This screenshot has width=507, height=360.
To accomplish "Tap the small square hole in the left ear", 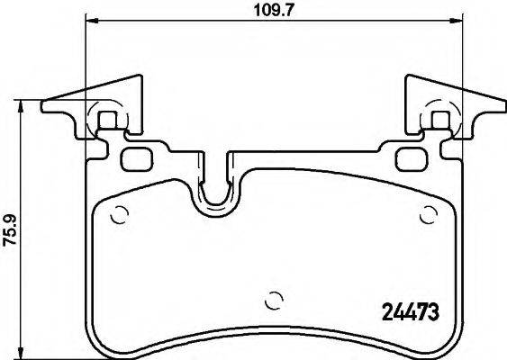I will pyautogui.click(x=106, y=120).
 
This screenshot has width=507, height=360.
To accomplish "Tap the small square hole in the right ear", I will pyautogui.click(x=440, y=120).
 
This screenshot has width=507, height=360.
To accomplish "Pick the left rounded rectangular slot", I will pyautogui.click(x=136, y=159).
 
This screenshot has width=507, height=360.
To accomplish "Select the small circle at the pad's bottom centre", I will pyautogui.click(x=276, y=301).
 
